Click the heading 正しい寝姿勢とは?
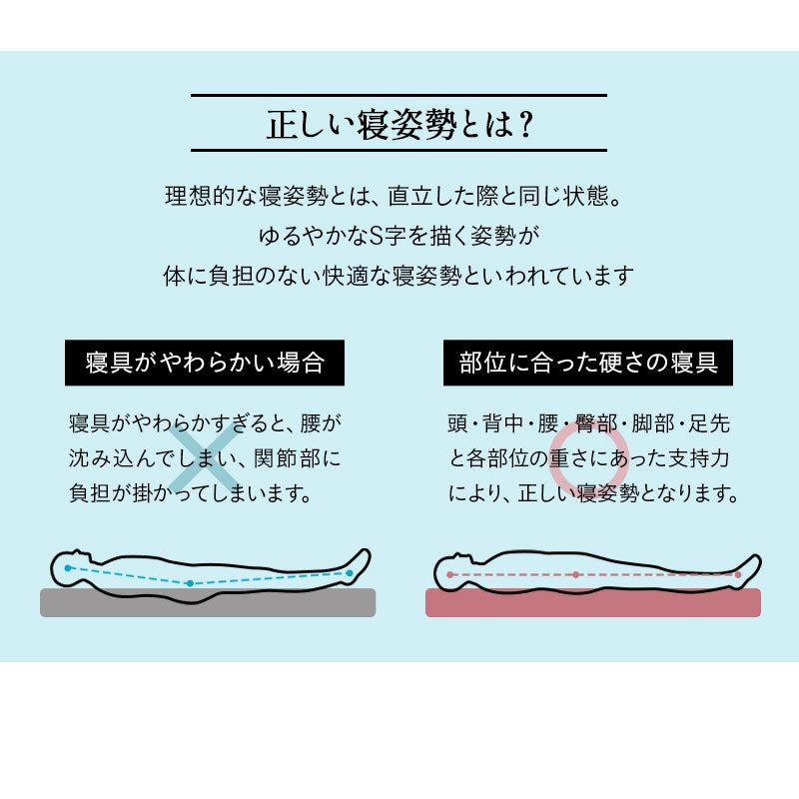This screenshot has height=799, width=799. click(399, 123)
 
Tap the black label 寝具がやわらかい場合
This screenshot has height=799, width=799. click(205, 362)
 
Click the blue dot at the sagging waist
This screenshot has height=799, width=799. click(189, 582)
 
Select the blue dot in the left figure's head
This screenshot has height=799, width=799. click(68, 567)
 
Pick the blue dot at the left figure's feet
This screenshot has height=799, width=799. click(349, 572)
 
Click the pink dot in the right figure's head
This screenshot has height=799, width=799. click(450, 575)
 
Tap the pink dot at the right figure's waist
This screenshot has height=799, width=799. click(576, 575)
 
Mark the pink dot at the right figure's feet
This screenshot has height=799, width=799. click(737, 575)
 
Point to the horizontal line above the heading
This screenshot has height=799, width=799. click(399, 95)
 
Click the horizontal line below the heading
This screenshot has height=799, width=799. click(399, 150)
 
